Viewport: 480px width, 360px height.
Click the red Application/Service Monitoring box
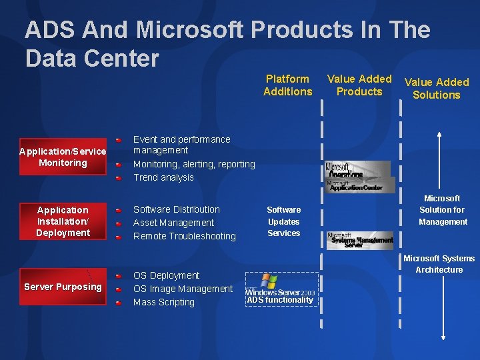click(x=63, y=157)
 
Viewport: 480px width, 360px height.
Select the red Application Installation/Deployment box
click(x=63, y=221)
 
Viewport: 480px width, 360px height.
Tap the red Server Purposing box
click(x=63, y=287)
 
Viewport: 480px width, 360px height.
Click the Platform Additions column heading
click(x=287, y=85)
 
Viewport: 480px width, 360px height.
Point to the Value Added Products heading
click(x=359, y=85)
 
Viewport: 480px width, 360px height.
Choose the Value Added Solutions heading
click(x=437, y=89)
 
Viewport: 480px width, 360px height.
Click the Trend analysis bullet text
click(x=163, y=177)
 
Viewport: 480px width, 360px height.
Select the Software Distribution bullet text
click(x=177, y=209)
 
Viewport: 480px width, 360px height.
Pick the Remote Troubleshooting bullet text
click(x=185, y=236)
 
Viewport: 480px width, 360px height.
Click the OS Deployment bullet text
click(x=166, y=275)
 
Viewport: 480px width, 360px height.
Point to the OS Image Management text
click(x=183, y=289)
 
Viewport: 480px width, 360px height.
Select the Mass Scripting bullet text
click(x=164, y=302)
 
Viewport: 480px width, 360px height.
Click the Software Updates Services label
click(x=284, y=221)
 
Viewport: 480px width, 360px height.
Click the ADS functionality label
click(x=280, y=300)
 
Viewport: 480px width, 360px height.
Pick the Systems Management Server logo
click(x=360, y=240)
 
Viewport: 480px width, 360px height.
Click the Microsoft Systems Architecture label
click(x=439, y=264)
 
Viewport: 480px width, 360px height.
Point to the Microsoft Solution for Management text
click(x=442, y=210)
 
